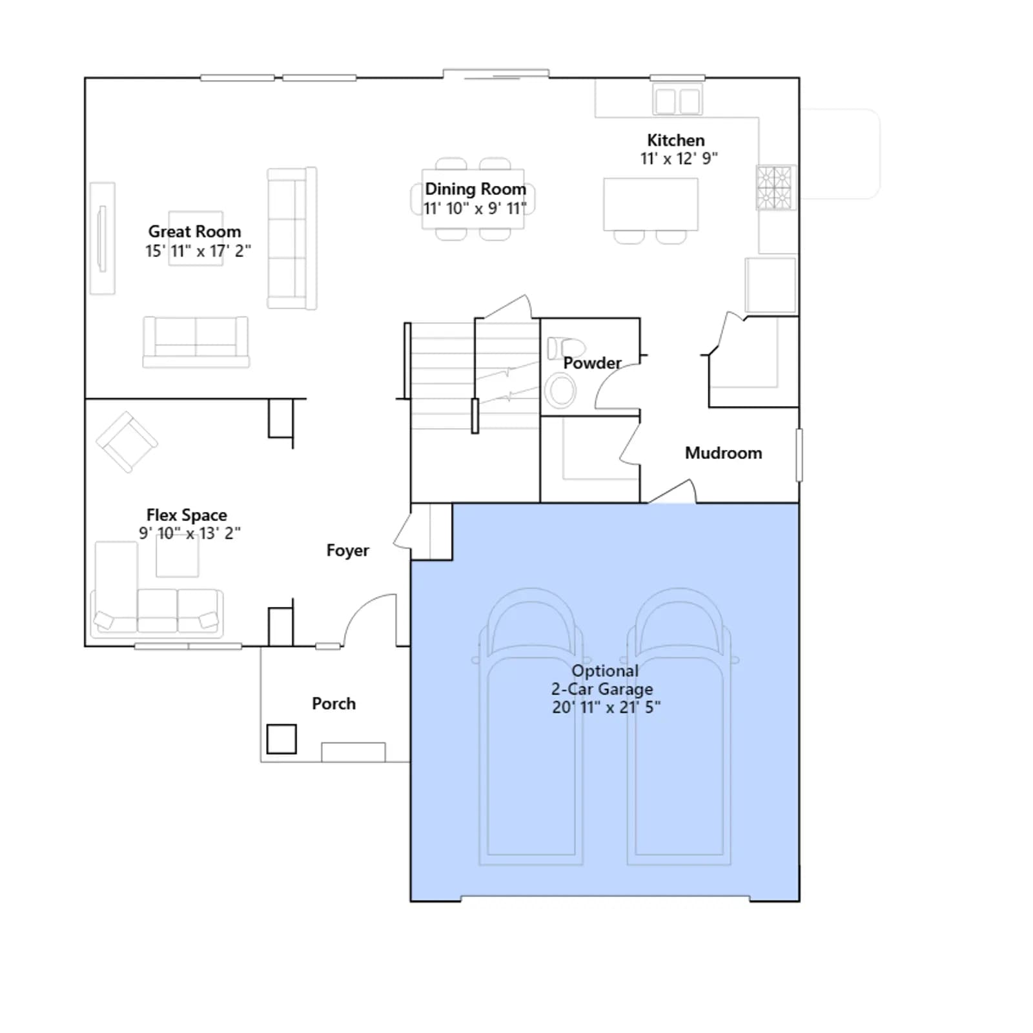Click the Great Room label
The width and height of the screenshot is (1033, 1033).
(x=194, y=231)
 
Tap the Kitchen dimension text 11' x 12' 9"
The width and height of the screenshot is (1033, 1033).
(x=679, y=158)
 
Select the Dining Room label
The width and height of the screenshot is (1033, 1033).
(x=475, y=189)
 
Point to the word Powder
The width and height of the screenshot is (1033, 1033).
(x=592, y=363)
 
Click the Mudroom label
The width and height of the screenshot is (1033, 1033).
(x=723, y=453)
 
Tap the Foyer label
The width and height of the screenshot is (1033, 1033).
(x=347, y=550)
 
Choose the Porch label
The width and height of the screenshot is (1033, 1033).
(x=334, y=703)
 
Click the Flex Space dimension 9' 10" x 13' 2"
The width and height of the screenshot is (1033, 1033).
(x=190, y=533)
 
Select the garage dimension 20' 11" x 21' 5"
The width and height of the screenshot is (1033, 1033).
(x=606, y=707)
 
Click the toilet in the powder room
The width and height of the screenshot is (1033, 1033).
(x=566, y=348)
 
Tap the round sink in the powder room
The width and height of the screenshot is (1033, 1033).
(x=560, y=391)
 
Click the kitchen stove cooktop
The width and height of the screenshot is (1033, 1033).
(x=775, y=187)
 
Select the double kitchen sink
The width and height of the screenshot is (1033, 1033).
(x=677, y=100)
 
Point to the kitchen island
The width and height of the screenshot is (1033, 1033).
(x=651, y=204)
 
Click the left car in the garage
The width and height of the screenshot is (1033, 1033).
(x=531, y=726)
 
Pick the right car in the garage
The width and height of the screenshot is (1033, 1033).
(x=679, y=726)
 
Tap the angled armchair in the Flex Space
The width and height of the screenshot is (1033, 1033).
(x=127, y=442)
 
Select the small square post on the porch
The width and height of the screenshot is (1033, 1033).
(x=281, y=739)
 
